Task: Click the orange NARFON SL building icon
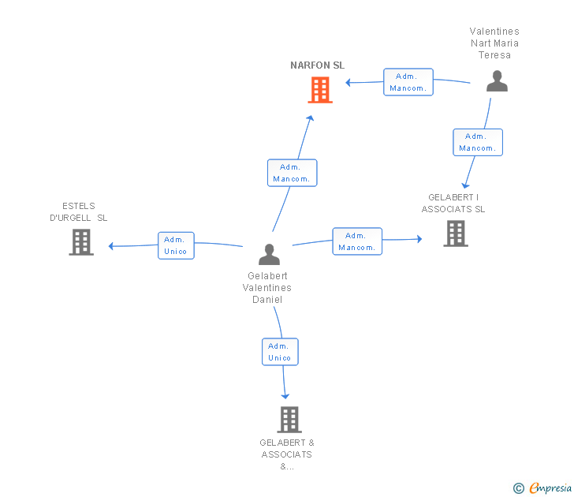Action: [x=320, y=90]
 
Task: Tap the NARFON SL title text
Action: [x=318, y=65]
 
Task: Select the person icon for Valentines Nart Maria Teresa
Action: [x=497, y=81]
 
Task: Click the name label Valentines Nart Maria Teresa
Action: [x=494, y=43]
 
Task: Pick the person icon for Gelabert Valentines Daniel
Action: [x=269, y=255]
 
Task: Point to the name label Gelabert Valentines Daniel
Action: [x=267, y=287]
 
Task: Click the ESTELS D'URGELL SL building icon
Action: [x=81, y=242]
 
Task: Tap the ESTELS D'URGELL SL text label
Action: [x=78, y=211]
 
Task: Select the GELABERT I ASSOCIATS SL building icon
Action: [x=456, y=234]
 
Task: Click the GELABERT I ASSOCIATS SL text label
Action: [x=453, y=203]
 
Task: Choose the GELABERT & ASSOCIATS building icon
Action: [x=289, y=420]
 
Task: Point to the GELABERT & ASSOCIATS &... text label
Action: [x=287, y=454]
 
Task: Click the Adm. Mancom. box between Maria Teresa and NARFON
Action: [x=408, y=82]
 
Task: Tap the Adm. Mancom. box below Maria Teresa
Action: [x=478, y=143]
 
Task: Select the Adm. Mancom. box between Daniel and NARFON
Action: [x=292, y=173]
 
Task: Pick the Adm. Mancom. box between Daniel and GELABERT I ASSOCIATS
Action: [x=357, y=241]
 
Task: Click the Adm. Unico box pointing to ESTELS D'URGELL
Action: [x=176, y=246]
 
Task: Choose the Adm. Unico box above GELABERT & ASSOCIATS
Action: [x=280, y=352]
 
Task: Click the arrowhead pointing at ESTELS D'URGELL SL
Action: [x=111, y=246]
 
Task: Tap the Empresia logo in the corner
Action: [x=542, y=488]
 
